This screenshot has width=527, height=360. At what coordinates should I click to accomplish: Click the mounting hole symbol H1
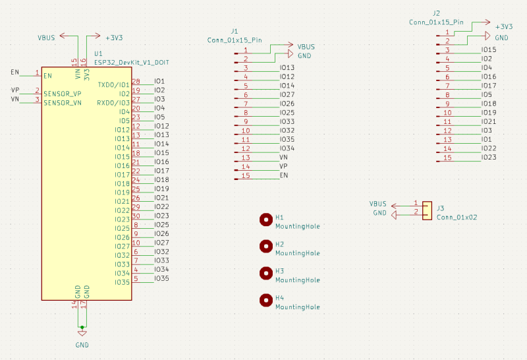[x=265, y=220]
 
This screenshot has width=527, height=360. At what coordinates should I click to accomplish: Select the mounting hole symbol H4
[x=265, y=300]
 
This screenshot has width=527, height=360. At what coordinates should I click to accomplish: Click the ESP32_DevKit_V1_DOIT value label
[x=131, y=62]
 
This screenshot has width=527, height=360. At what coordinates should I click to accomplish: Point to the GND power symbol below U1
[x=82, y=334]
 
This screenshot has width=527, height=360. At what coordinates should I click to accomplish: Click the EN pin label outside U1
[x=15, y=71]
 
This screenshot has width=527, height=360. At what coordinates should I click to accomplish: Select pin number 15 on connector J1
[x=245, y=175]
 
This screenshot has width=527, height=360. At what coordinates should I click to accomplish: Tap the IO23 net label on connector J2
[x=489, y=158]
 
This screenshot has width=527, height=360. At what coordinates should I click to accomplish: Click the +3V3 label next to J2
[x=504, y=27]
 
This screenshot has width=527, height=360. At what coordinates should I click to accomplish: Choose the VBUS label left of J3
[x=378, y=204]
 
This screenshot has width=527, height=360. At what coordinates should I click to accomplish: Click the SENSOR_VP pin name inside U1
[x=63, y=94]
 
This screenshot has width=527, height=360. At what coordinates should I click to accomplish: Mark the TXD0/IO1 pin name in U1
[x=113, y=85]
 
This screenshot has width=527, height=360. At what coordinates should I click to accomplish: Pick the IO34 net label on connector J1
[x=287, y=148]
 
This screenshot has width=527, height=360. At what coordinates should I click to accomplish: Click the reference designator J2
[x=436, y=13]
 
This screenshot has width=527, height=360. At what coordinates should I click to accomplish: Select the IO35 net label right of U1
[x=161, y=278]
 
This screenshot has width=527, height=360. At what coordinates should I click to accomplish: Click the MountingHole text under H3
[x=297, y=280]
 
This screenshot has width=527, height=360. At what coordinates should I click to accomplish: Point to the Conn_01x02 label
[x=457, y=217]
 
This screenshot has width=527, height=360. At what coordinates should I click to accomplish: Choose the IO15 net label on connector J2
[x=489, y=50]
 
